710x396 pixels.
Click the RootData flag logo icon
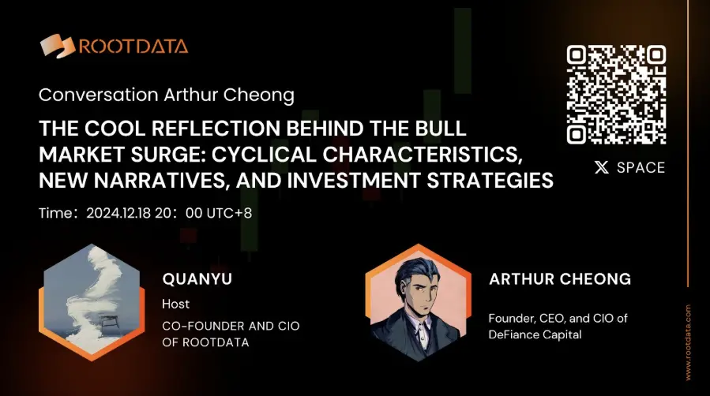click(x=58, y=46)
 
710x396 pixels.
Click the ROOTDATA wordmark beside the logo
click(x=133, y=47)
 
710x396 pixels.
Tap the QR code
click(x=616, y=95)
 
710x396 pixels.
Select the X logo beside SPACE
click(x=602, y=168)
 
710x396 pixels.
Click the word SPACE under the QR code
click(x=641, y=168)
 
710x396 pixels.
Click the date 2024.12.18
click(x=118, y=213)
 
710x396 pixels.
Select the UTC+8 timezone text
click(x=229, y=213)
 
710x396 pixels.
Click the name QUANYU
click(x=197, y=279)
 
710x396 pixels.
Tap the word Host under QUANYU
click(x=175, y=304)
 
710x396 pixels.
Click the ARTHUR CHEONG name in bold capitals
click(x=560, y=279)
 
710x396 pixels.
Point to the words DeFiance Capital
click(x=535, y=334)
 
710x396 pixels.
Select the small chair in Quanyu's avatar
click(x=108, y=323)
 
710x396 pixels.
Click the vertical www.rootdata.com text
click(x=688, y=342)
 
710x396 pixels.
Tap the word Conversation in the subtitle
click(x=98, y=95)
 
